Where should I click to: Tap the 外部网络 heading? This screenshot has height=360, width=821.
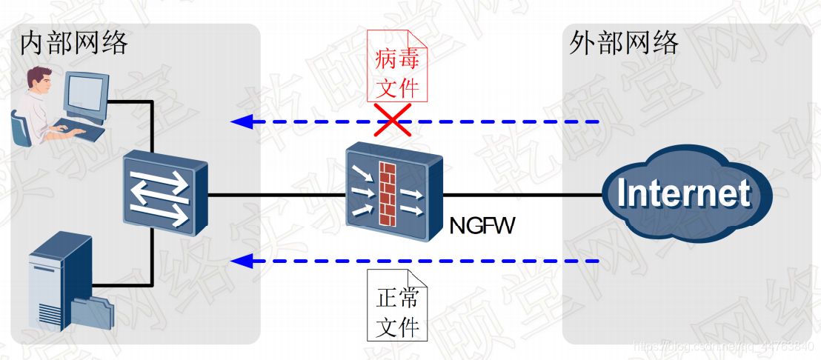tap(624, 43)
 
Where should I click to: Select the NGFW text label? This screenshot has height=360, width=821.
tap(482, 225)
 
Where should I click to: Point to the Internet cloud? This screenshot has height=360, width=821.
tap(683, 194)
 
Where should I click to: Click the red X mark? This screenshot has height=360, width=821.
tap(392, 120)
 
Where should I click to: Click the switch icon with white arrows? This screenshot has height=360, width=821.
tap(164, 193)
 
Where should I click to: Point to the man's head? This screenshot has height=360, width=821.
tap(39, 80)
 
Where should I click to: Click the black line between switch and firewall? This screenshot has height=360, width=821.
tap(277, 196)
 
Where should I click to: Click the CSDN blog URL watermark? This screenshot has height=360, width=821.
tap(722, 346)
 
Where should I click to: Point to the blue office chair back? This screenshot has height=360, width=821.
tap(19, 127)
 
